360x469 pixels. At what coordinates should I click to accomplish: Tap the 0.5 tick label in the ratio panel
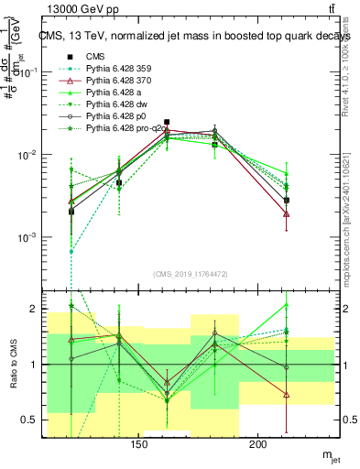[x=33, y=420]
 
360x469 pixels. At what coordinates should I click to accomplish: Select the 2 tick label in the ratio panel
[x=38, y=309]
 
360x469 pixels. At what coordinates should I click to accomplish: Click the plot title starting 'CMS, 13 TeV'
[x=184, y=36]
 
